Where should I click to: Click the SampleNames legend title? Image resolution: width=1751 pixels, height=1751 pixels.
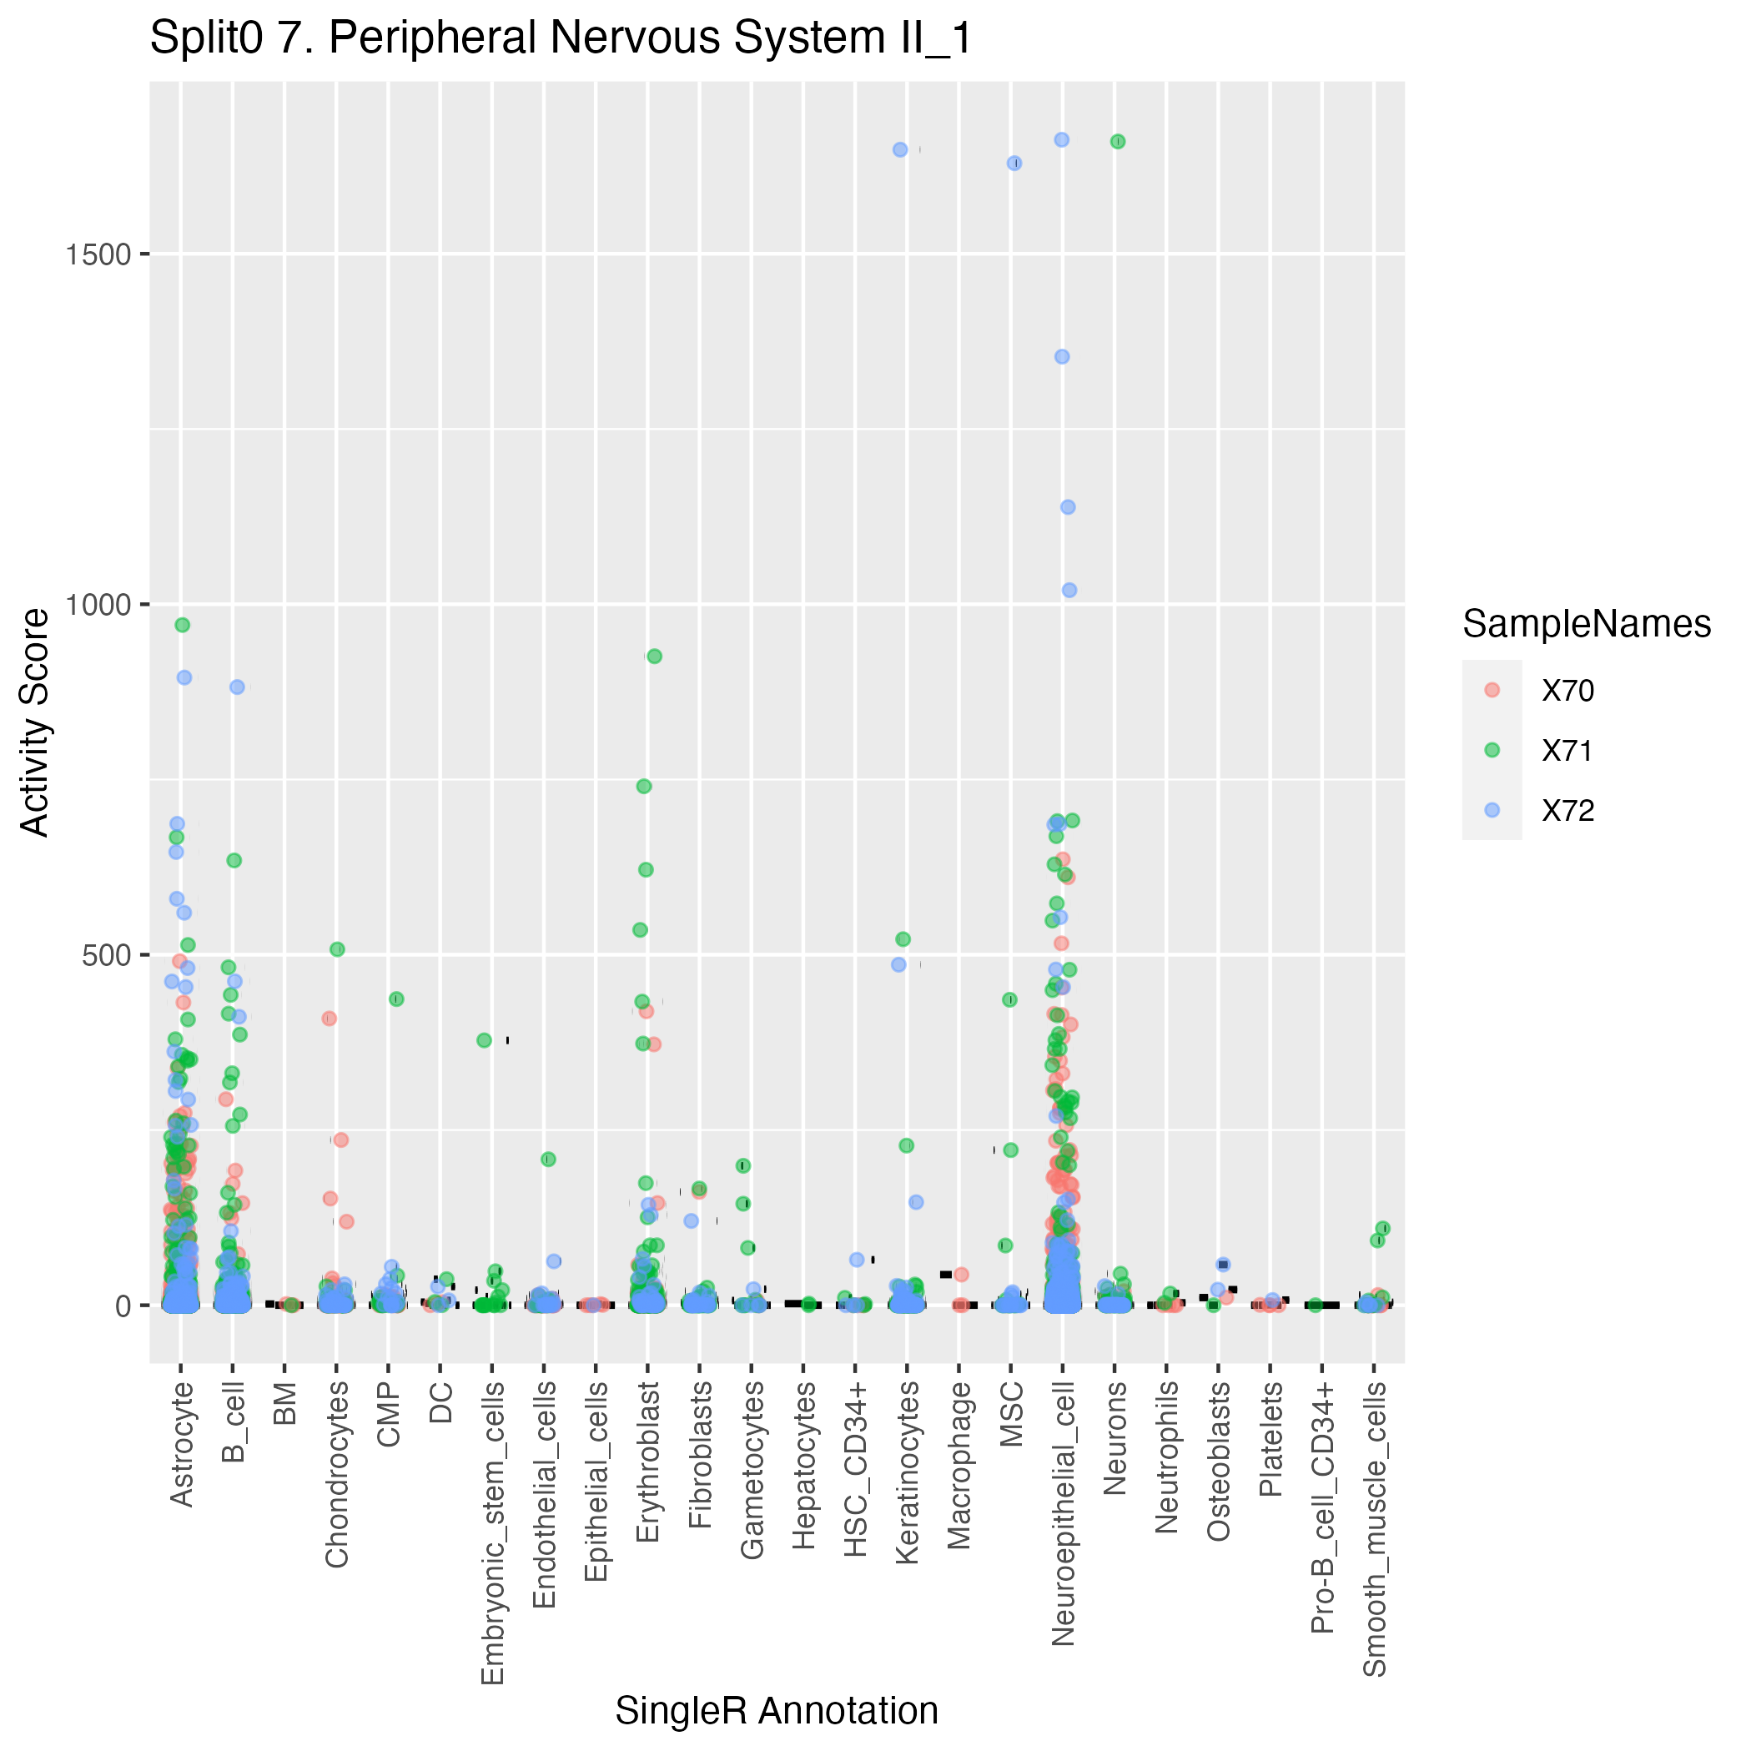(x=1586, y=625)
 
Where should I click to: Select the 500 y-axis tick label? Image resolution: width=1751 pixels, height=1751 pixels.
(x=107, y=955)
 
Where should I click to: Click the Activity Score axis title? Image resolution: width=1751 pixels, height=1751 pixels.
(x=34, y=722)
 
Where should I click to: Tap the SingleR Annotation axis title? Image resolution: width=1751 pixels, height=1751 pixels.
(x=777, y=1711)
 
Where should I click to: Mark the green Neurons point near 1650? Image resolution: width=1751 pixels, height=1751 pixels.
(x=1118, y=141)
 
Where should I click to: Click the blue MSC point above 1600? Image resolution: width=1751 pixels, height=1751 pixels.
(x=1014, y=164)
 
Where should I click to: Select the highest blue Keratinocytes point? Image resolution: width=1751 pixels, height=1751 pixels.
(x=900, y=149)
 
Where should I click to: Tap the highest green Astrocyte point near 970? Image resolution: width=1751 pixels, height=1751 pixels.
(x=182, y=626)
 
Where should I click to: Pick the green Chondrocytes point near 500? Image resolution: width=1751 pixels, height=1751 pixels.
(x=337, y=949)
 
